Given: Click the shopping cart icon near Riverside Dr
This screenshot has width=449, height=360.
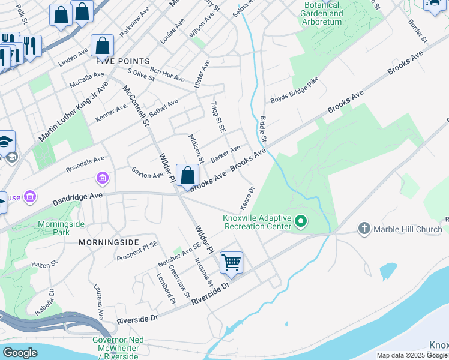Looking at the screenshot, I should pyautogui.click(x=231, y=263).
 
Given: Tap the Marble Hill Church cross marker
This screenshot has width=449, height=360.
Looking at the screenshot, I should pyautogui.click(x=364, y=229).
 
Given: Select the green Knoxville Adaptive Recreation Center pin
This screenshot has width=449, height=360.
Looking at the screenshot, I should pyautogui.click(x=301, y=223).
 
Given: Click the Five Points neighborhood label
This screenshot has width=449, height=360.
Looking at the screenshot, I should pyautogui.click(x=123, y=61).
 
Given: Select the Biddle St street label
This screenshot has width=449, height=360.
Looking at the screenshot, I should pyautogui.click(x=264, y=130).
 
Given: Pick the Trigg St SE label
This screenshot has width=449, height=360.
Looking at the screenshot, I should pyautogui.click(x=218, y=116).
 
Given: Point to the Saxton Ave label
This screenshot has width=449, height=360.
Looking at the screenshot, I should pyautogui.click(x=148, y=172).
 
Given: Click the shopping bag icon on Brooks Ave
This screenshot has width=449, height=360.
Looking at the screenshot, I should pyautogui.click(x=188, y=175).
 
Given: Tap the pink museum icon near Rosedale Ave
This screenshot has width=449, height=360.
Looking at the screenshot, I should pyautogui.click(x=102, y=178).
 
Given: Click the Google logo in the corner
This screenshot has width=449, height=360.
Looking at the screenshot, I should pyautogui.click(x=20, y=352).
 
